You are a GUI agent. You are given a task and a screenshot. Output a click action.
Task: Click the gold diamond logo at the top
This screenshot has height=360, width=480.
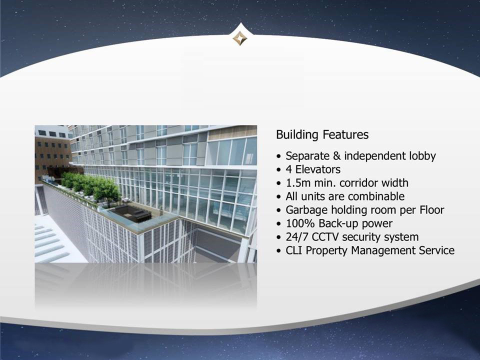coord(239,38)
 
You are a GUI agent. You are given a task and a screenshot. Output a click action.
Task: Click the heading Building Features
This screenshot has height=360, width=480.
coord(322,134)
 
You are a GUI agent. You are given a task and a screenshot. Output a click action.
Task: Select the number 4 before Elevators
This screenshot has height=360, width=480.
coord(289,169)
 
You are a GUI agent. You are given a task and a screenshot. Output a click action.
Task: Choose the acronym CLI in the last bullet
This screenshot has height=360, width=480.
coord(294,250)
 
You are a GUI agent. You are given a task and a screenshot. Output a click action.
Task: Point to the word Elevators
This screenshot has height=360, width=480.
coord(318,169)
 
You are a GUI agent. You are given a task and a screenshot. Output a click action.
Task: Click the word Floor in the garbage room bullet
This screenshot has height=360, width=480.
coord(432,209)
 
